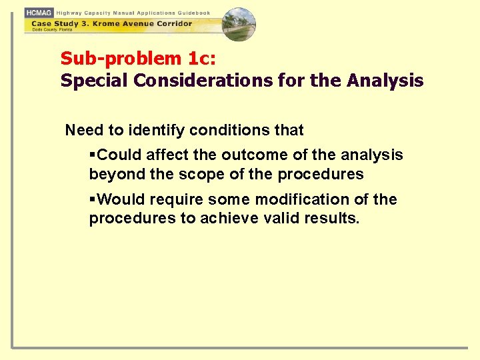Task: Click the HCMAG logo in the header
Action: tap(39, 13)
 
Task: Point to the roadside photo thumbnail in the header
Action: tap(239, 24)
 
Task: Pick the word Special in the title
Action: tap(94, 81)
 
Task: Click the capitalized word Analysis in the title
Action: tap(385, 81)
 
